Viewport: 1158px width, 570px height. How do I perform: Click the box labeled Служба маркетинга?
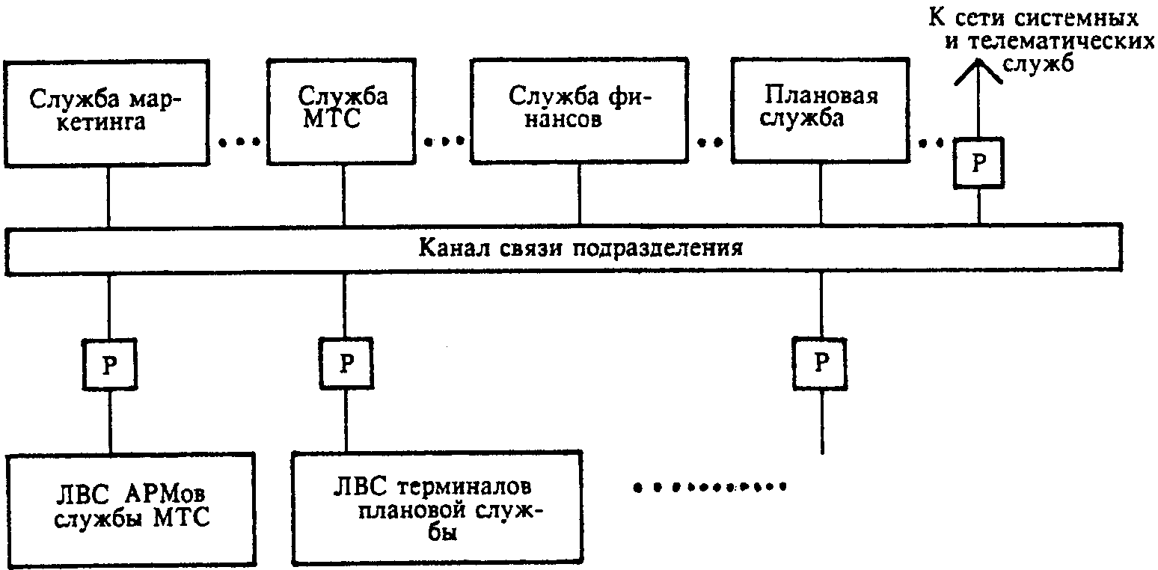click(x=106, y=113)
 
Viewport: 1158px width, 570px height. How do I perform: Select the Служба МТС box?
click(x=342, y=111)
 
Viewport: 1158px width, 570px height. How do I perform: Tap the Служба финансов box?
click(x=579, y=110)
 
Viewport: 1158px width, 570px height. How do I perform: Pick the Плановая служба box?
click(x=821, y=110)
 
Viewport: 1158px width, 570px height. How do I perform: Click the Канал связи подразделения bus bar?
click(x=563, y=248)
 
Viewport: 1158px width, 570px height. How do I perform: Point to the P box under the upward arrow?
click(x=978, y=163)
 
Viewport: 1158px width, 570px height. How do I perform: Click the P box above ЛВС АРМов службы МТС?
click(x=110, y=364)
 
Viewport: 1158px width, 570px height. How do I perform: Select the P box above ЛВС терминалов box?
click(x=346, y=364)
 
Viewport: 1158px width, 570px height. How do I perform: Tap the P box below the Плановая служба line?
click(x=820, y=364)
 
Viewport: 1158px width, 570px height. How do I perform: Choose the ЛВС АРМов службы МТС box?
click(x=132, y=509)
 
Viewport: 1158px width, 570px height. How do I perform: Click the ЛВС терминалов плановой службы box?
click(x=438, y=507)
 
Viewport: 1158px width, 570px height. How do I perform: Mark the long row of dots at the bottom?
click(x=710, y=487)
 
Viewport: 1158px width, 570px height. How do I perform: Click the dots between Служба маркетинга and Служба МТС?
click(x=239, y=142)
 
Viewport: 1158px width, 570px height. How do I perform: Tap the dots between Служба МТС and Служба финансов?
click(x=444, y=141)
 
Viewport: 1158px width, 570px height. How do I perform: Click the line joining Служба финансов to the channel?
click(x=579, y=194)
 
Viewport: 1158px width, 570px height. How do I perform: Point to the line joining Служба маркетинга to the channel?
click(x=108, y=197)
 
